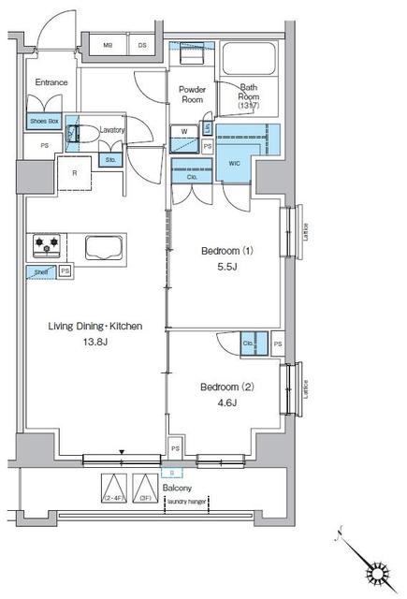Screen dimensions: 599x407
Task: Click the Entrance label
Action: (x=51, y=82)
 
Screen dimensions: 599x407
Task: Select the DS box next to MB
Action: (x=143, y=44)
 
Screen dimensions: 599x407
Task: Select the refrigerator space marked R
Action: (x=74, y=171)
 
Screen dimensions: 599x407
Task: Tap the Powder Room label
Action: (x=192, y=94)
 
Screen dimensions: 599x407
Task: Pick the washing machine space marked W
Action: (x=184, y=131)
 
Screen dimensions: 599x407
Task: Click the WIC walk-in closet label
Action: (x=233, y=162)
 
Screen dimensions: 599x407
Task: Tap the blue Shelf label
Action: (x=41, y=272)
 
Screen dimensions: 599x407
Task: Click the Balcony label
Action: (x=177, y=489)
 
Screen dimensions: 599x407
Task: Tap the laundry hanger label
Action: (x=187, y=501)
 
